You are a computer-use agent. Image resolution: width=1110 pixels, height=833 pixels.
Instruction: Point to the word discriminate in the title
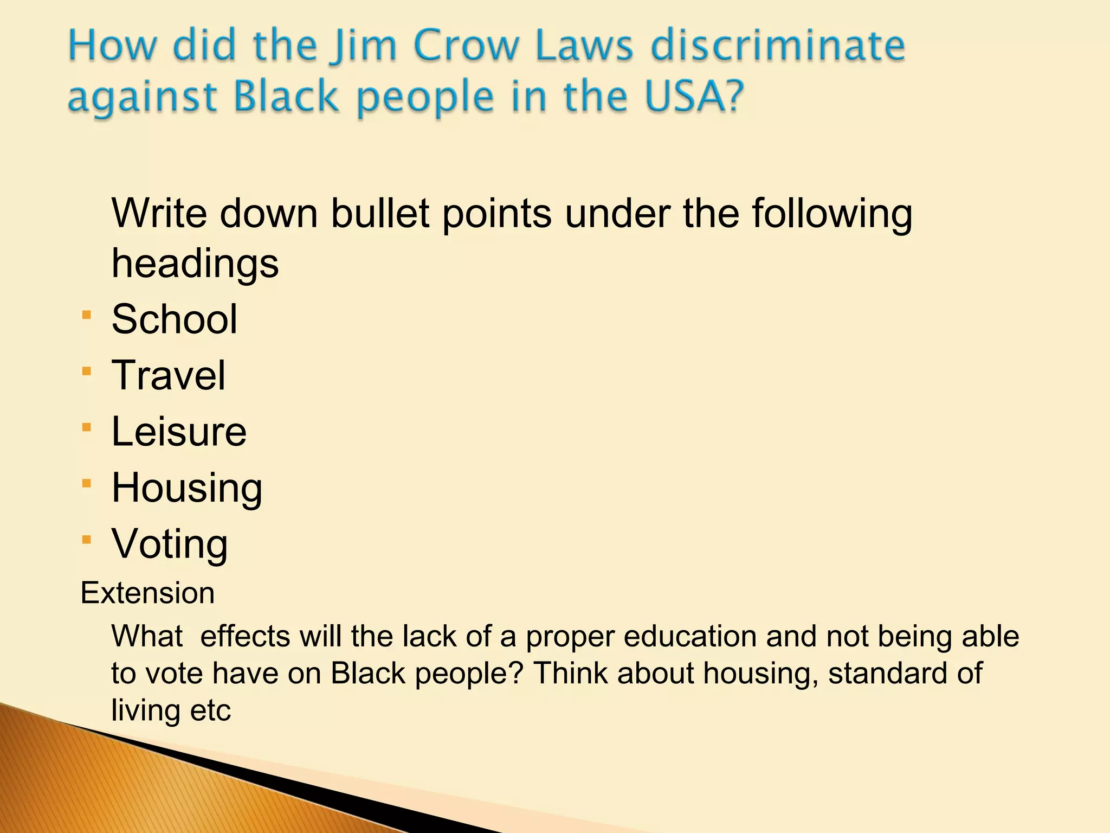coord(777,46)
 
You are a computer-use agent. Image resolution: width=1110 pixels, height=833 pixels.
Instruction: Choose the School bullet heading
coord(175,319)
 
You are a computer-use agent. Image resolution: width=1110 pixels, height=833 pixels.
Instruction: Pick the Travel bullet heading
coord(168,375)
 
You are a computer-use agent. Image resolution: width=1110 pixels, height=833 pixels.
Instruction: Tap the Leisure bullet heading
coord(179,432)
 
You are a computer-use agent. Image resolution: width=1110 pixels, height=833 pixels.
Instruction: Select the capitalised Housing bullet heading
coord(187,488)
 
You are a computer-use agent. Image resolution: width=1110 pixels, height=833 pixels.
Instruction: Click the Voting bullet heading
coord(170,544)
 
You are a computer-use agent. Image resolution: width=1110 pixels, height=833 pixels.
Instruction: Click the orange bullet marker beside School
coord(87,315)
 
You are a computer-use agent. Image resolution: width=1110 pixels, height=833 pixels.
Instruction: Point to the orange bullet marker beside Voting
coord(87,540)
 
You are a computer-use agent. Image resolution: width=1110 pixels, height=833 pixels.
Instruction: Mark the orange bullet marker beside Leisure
coord(87,427)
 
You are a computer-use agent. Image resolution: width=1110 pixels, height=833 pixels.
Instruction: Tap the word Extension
coord(147,593)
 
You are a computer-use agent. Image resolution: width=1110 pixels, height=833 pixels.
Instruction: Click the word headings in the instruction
coord(195,264)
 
